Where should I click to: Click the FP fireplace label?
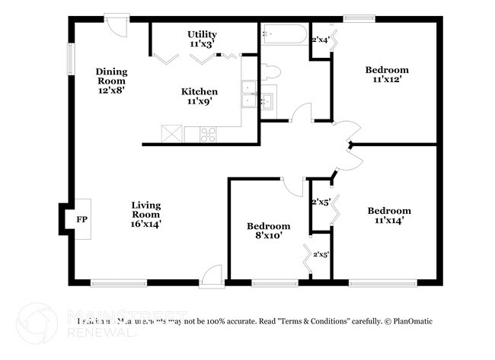coord(81,219)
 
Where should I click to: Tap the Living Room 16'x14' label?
coord(145,214)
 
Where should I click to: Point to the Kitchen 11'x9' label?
coord(199,96)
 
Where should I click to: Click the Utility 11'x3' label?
coord(203,40)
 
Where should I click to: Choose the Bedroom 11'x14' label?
coord(389,215)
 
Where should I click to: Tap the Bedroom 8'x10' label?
coord(268,231)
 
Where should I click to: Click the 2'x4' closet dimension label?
coord(321,40)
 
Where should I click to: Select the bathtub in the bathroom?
coord(284,34)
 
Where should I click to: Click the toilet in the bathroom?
coord(270,72)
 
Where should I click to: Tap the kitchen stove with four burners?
coord(207,134)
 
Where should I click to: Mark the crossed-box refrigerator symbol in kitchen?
coord(172,134)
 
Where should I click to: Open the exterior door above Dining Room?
coord(117,25)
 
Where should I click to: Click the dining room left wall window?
coord(69,58)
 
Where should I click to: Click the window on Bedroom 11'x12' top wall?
coord(356,18)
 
